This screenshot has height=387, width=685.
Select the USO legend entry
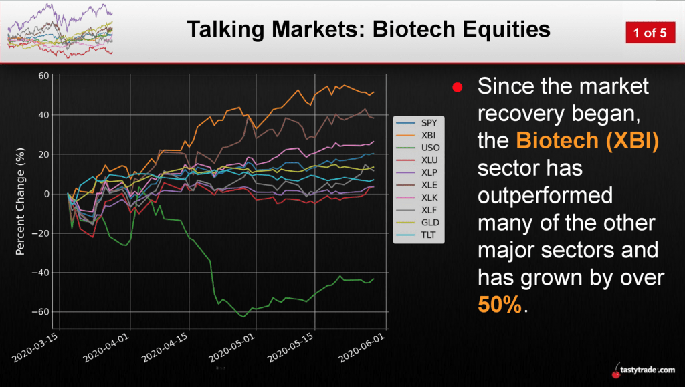(x=417, y=148)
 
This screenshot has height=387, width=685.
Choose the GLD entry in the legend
(x=417, y=223)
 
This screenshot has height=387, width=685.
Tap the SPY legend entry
(x=417, y=123)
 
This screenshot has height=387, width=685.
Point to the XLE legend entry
(x=417, y=185)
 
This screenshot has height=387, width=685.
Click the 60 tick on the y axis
(x=43, y=76)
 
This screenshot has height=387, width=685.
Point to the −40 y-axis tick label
(x=41, y=273)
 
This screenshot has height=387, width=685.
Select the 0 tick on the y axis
(x=47, y=194)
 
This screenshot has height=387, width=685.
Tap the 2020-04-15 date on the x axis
(x=165, y=348)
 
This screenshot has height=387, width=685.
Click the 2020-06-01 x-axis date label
(x=362, y=348)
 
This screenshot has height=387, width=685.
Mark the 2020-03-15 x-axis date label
(x=35, y=348)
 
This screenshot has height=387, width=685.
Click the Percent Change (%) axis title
(x=20, y=202)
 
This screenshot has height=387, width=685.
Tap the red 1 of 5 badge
(x=650, y=33)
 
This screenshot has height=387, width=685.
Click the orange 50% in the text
(x=500, y=305)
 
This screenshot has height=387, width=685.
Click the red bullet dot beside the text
(x=458, y=88)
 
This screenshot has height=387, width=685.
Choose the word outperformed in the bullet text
(x=545, y=195)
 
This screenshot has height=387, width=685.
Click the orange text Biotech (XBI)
(x=587, y=140)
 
